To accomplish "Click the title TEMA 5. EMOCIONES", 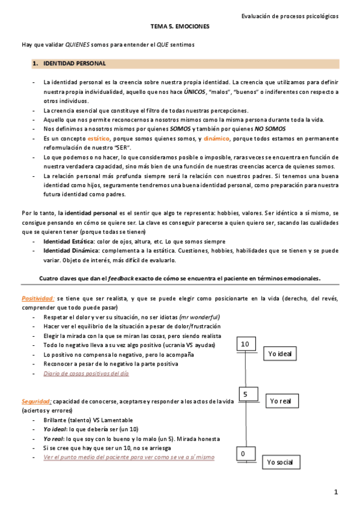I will click(x=180, y=28).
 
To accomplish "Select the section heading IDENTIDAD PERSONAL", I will click(x=75, y=63).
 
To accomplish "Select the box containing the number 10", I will click(x=245, y=344).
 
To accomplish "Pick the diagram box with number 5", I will click(x=245, y=394).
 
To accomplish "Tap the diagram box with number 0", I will click(x=243, y=453).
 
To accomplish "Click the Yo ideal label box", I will click(x=279, y=354).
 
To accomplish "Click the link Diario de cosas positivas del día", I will click(x=86, y=373).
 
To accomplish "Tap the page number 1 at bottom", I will click(x=336, y=493).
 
